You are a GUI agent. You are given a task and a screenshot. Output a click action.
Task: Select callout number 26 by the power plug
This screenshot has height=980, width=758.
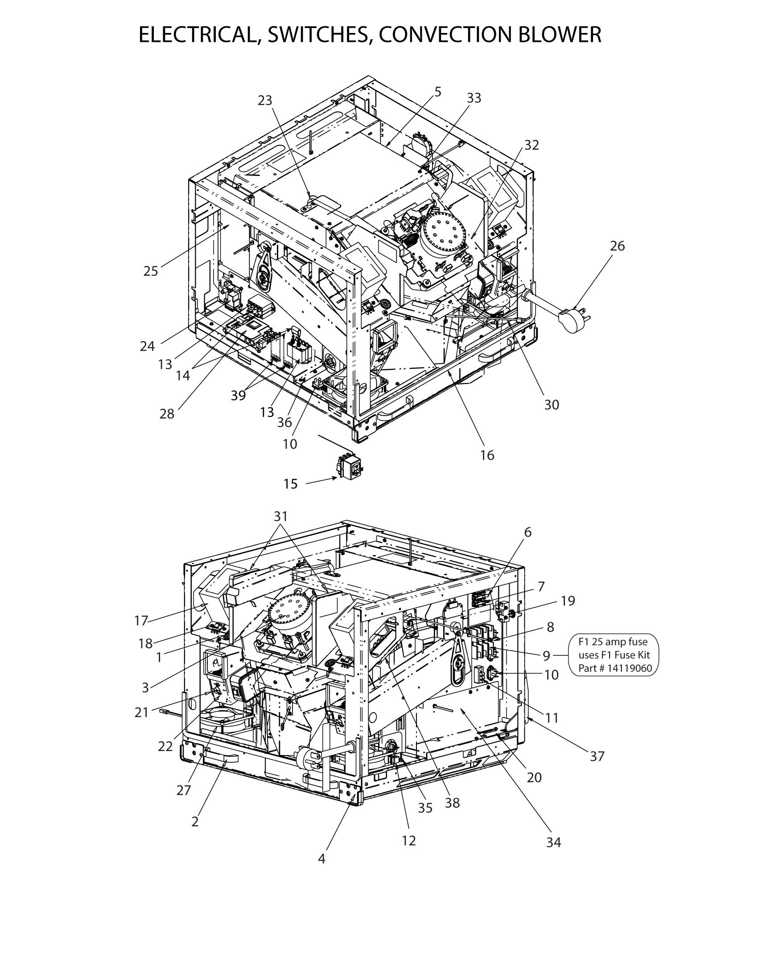pos(617,246)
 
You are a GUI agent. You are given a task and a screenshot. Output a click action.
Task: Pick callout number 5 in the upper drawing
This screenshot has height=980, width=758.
pos(437,91)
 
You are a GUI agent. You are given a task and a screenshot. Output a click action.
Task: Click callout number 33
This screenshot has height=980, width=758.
pos(474,98)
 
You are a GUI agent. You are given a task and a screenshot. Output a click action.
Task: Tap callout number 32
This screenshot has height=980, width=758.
pos(531,145)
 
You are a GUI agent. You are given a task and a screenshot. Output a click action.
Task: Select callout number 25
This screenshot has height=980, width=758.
pos(151,271)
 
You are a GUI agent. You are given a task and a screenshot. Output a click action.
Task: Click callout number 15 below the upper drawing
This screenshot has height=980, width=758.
pos(291,484)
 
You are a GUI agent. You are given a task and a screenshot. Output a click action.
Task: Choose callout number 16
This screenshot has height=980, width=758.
pos(487,455)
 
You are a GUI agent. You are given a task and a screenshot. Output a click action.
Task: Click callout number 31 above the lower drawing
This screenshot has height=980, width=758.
pos(280,516)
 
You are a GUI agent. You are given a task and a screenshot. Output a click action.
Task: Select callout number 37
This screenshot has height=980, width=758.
pos(597,756)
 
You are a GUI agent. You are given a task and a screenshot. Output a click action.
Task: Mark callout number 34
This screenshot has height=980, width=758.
pos(554,843)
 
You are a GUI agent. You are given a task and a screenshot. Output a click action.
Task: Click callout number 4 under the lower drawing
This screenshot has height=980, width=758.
pos(321,859)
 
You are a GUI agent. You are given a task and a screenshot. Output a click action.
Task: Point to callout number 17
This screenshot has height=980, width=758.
pos(141,621)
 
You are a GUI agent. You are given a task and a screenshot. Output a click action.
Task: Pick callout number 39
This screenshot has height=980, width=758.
pos(239,395)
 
